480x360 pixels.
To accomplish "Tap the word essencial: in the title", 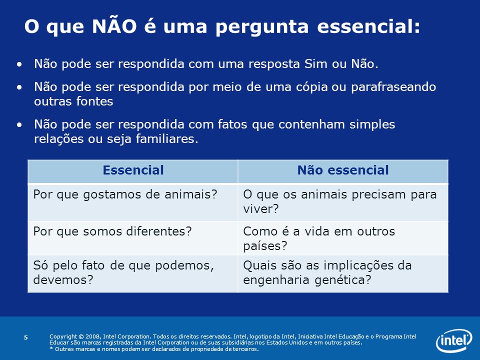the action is tap(368, 26).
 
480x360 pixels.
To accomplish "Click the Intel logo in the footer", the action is tap(454, 340).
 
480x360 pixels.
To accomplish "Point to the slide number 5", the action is tap(25, 337).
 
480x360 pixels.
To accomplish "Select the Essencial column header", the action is tap(133, 170).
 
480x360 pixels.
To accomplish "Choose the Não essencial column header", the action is tap(343, 170).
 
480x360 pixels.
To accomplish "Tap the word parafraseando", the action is tap(393, 87).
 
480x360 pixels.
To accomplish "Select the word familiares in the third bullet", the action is tap(165, 138).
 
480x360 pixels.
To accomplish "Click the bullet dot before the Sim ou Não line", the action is tap(19, 64).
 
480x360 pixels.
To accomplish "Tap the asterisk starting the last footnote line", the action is tap(51, 348).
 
